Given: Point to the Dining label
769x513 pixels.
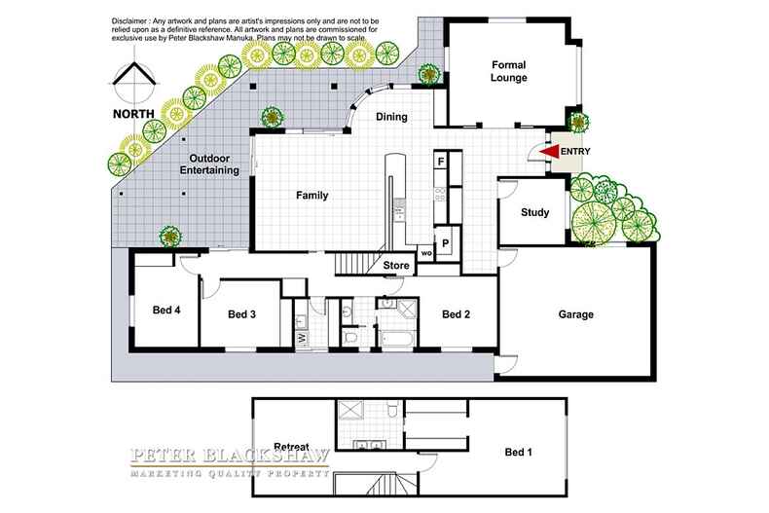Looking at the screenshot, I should coord(390,118).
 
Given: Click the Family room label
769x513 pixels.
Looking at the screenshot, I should coord(311,195).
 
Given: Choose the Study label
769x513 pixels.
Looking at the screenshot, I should coord(534,212).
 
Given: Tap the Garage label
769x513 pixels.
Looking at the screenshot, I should coord(575,314).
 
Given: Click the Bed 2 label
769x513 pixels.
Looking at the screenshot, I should coord(457,314).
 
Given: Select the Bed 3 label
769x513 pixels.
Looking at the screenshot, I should coord(241,314).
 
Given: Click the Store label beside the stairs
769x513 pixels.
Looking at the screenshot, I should coord(394,264).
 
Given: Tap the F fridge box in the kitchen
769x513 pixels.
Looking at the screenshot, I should coord(441,161).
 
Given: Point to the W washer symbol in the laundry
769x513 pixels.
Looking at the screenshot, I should coord(302,338).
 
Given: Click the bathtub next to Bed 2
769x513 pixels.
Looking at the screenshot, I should coord(397,341).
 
